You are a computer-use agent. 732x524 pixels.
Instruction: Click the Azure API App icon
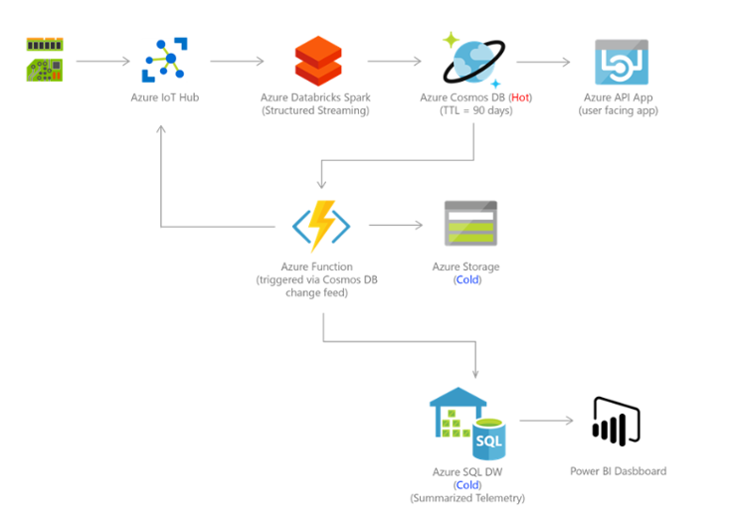pyautogui.click(x=621, y=62)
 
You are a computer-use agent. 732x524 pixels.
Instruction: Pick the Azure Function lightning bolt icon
pyautogui.click(x=320, y=225)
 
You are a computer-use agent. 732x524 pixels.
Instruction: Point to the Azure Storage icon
pyautogui.click(x=470, y=224)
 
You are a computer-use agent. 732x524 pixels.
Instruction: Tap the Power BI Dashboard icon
pyautogui.click(x=616, y=421)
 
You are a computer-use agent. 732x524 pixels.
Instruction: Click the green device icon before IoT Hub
pyautogui.click(x=45, y=60)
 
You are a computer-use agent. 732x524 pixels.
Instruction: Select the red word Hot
pyautogui.click(x=520, y=97)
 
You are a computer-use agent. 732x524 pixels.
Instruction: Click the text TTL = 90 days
pyautogui.click(x=474, y=110)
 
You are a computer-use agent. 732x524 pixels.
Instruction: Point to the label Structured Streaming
pyautogui.click(x=314, y=110)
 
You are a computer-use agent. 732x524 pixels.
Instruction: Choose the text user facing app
pyautogui.click(x=619, y=110)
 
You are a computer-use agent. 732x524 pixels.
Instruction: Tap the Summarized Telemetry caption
pyautogui.click(x=466, y=497)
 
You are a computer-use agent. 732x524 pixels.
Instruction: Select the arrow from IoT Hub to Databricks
pyautogui.click(x=237, y=61)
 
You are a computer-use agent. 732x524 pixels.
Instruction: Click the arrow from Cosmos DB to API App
pyautogui.click(x=544, y=62)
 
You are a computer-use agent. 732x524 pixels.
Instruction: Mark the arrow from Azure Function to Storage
pyautogui.click(x=395, y=226)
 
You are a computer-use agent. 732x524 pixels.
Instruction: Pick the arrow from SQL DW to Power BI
pyautogui.click(x=546, y=421)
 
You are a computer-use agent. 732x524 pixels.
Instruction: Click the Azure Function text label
pyautogui.click(x=316, y=266)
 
